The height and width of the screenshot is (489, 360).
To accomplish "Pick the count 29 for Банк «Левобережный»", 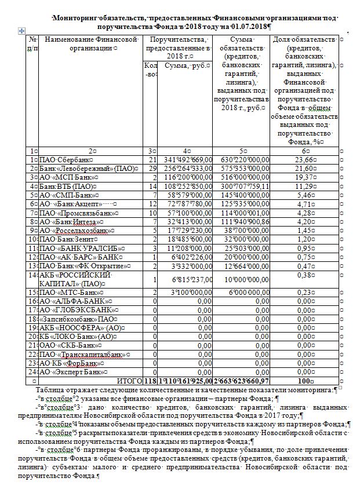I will coord(153,167).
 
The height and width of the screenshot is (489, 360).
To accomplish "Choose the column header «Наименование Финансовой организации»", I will coord(90,43).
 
